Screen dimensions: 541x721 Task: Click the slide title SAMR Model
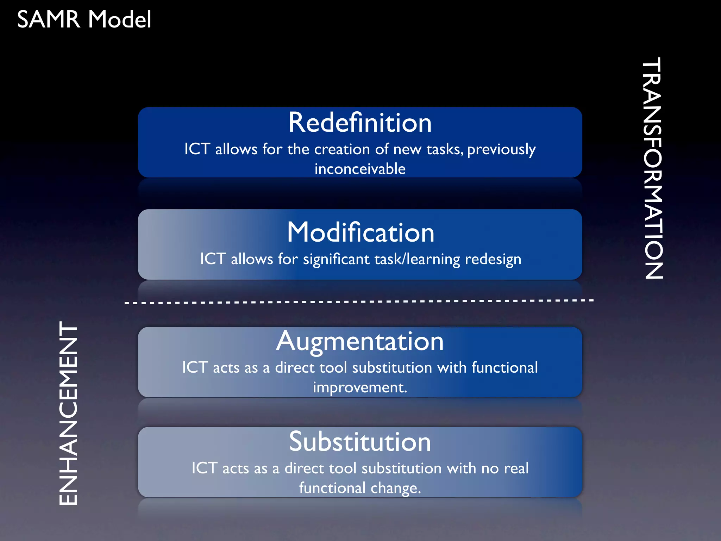84,19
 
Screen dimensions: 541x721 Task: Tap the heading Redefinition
360,123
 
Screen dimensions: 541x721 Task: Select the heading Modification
360,232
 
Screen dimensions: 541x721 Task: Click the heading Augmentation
360,341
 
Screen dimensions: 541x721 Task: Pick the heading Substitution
360,442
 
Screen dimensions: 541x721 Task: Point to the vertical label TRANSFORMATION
653,168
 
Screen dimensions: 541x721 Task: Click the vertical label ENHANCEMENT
68,413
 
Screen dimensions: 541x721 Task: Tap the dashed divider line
359,302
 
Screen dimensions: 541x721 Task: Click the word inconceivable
360,169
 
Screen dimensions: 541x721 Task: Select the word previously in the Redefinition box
501,150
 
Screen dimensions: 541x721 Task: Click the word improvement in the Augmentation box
359,388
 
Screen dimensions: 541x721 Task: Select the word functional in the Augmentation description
504,367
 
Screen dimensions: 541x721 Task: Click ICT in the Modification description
213,259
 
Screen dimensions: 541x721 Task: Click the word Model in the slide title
120,19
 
